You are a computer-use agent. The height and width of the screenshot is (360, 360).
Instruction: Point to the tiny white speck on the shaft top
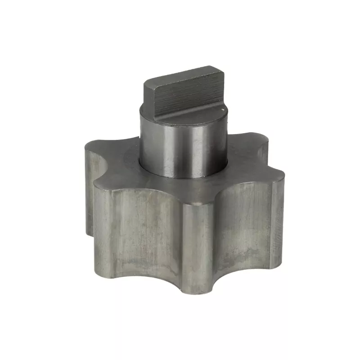222,108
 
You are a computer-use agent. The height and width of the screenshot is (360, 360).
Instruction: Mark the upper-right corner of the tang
220,68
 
